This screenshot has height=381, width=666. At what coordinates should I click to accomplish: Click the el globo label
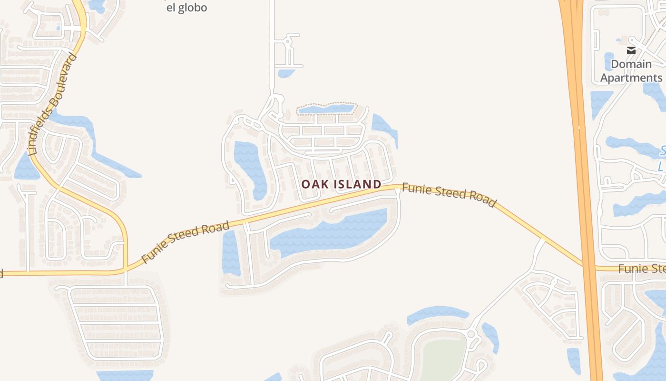coord(186,8)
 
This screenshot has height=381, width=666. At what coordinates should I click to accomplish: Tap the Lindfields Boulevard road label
coord(53,105)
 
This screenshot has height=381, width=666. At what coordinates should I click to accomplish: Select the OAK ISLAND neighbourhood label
coord(342,184)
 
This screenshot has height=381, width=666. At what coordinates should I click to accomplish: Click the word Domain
coord(631,64)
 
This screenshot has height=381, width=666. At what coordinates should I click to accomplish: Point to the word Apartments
coord(631,78)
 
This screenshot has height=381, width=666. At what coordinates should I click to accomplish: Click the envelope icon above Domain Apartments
coord(631,50)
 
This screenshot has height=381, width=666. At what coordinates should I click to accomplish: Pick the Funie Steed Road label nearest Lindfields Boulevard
coord(186,242)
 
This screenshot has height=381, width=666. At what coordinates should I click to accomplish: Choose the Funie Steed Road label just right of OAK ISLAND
coord(449,195)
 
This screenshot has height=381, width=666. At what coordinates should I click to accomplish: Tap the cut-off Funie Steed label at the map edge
coord(642,269)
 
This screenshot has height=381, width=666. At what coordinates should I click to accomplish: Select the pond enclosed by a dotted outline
coord(326,110)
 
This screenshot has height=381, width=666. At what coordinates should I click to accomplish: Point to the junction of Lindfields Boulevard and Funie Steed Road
coord(125,270)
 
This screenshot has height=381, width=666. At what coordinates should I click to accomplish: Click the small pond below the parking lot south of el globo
coord(286,73)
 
